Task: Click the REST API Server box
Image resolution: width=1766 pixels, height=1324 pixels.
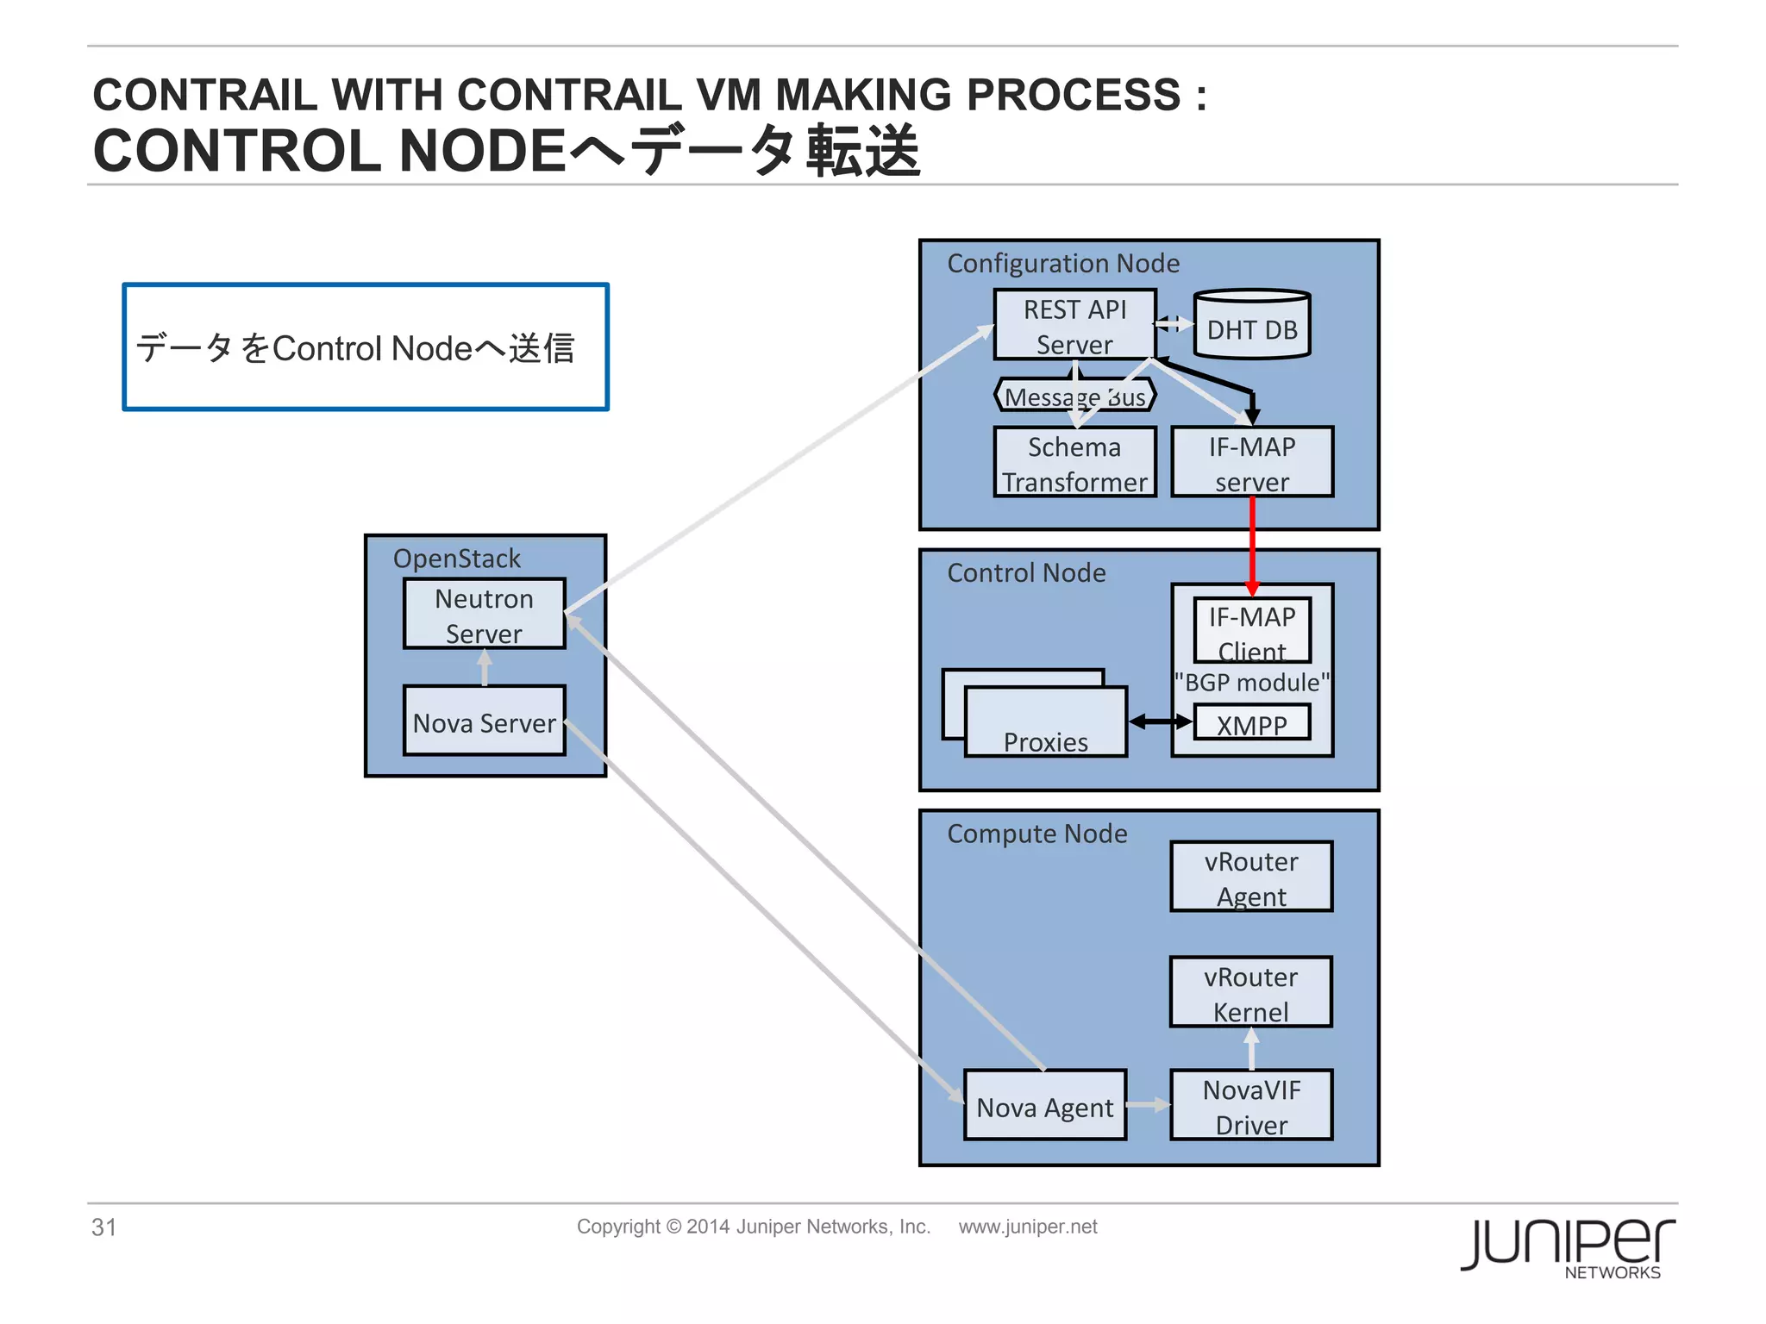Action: pos(1074,325)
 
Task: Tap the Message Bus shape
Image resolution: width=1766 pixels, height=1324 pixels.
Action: pos(1074,396)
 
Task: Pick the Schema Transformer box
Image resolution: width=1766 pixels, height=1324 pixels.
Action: pos(1074,463)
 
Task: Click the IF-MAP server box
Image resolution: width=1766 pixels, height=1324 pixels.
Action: pos(1251,463)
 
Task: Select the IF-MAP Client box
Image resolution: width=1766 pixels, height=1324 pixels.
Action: pos(1251,630)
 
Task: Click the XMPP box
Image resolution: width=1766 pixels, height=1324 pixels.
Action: pos(1251,722)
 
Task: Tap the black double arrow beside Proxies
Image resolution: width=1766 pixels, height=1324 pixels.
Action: pos(1160,721)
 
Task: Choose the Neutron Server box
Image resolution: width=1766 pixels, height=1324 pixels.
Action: pos(484,614)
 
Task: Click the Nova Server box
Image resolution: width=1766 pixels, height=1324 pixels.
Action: pos(484,721)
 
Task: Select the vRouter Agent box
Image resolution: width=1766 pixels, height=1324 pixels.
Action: pos(1250,877)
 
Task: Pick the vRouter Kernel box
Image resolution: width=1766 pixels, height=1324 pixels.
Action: pos(1250,992)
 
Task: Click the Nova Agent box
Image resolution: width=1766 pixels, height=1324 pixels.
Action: pos(1044,1106)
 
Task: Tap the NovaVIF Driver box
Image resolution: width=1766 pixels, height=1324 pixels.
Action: pos(1250,1106)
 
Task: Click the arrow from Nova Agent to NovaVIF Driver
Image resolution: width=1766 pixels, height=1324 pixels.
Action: pos(1148,1105)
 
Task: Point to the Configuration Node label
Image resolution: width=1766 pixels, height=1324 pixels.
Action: pos(1062,263)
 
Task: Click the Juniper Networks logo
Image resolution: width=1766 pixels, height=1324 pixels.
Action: pos(1568,1246)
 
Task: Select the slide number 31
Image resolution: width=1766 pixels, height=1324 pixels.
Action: pos(103,1227)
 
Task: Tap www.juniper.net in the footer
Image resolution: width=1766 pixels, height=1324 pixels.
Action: pos(1027,1227)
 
